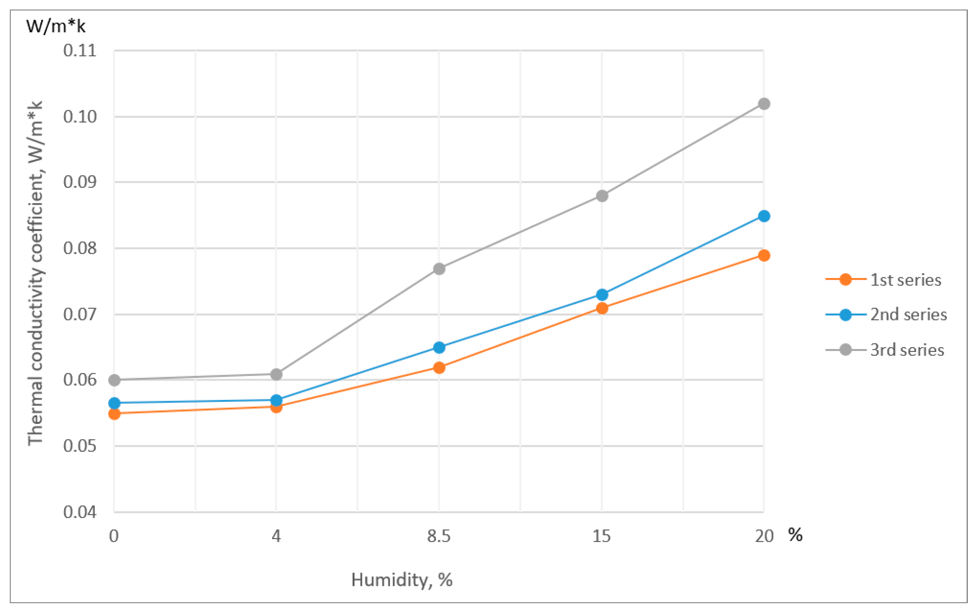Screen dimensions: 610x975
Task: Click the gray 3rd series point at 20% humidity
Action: coord(764,104)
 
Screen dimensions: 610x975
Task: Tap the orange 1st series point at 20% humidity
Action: coord(764,255)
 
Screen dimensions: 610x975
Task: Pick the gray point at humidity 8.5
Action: coord(439,269)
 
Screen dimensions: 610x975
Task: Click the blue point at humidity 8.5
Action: coord(439,347)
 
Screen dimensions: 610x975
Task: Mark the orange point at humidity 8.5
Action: coord(439,367)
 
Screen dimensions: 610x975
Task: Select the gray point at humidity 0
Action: coord(114,380)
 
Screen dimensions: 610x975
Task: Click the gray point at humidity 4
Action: coord(276,374)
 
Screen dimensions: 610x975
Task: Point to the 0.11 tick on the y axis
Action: coord(80,51)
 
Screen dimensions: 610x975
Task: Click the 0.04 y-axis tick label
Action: coord(80,512)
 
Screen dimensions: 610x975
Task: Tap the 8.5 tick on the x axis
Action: coord(439,536)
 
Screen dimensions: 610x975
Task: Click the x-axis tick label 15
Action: coord(601,536)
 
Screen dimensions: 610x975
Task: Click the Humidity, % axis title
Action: coord(402,580)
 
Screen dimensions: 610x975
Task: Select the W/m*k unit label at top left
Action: coord(56,26)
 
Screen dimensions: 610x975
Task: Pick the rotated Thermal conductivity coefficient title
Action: coord(35,273)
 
